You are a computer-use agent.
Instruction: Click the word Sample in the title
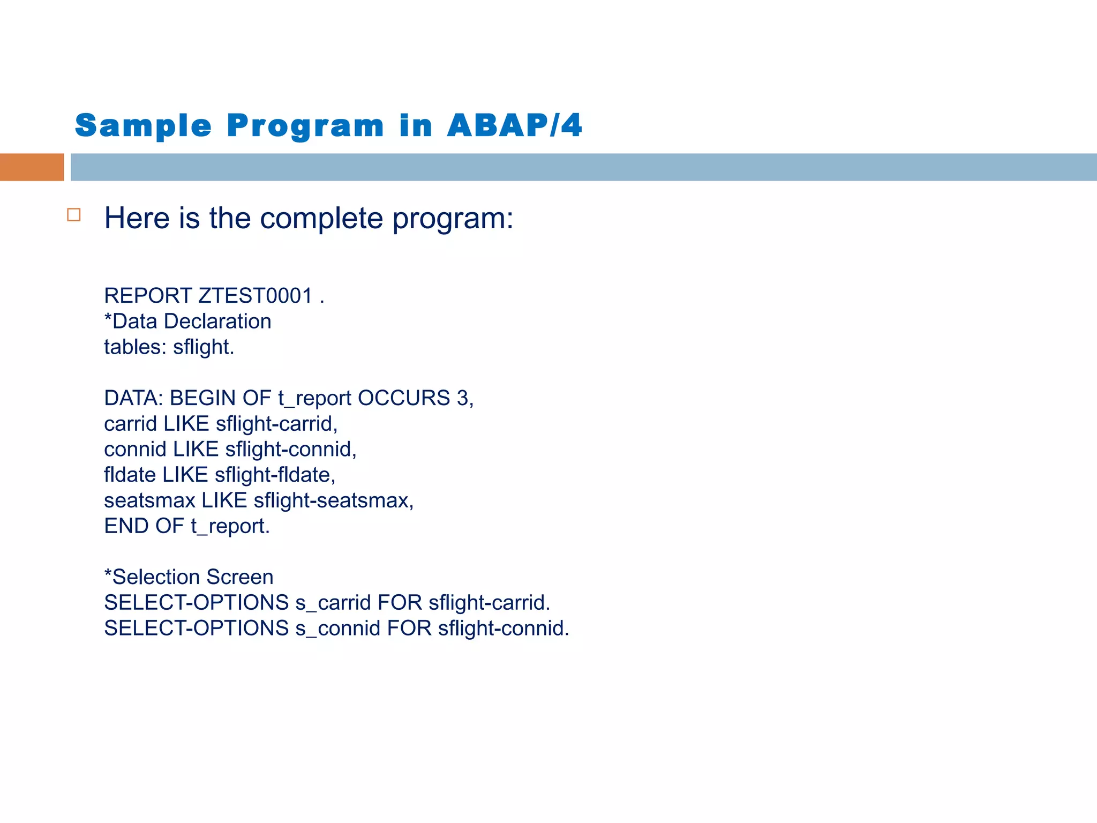[144, 126]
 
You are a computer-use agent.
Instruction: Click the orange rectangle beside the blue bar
[32, 167]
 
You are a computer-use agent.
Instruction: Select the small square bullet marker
[74, 215]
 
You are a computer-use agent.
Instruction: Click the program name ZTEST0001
[256, 296]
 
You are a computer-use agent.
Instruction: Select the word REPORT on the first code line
[148, 296]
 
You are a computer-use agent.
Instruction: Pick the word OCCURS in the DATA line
[404, 398]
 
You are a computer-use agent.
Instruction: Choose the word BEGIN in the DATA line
[203, 398]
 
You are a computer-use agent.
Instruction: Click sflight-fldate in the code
[274, 475]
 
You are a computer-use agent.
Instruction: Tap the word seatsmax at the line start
[149, 501]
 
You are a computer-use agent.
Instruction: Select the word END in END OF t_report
[126, 526]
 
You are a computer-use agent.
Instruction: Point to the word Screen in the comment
[239, 578]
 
